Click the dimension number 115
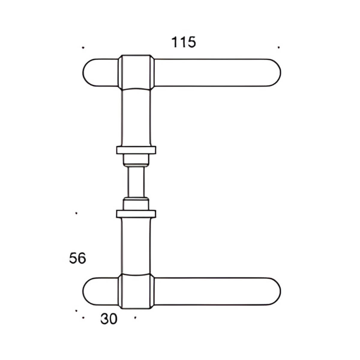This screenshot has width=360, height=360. pos(183,42)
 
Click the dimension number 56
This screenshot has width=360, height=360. pos(77,258)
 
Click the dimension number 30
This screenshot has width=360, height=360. pos(109,319)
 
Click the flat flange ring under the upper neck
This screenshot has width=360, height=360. pos(136,150)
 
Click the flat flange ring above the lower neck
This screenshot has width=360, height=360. pos(136,214)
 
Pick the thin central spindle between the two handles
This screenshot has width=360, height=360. pos(136,181)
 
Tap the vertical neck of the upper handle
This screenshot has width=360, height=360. pos(136,117)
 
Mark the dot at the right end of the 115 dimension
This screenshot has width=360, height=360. pos(279,47)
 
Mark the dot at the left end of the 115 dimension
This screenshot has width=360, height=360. pos(83,47)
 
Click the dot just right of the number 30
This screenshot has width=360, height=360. pos(135,317)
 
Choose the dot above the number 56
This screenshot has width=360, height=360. pos(76,213)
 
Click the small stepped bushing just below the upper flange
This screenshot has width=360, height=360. pos(136,160)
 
